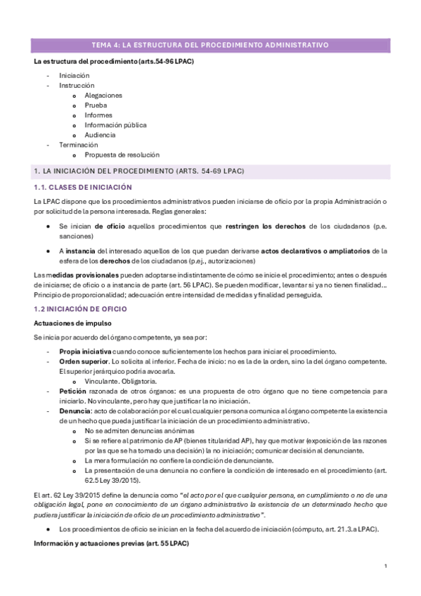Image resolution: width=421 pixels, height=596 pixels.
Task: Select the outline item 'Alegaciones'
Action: click(103, 95)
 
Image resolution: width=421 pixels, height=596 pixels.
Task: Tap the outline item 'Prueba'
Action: click(96, 105)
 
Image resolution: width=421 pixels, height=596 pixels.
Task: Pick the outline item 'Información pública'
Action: click(115, 124)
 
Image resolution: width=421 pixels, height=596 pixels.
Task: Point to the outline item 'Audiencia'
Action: click(100, 134)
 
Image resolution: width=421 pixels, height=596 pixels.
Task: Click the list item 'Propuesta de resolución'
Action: click(122, 155)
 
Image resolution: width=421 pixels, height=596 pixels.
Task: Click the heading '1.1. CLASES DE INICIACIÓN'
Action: click(83, 187)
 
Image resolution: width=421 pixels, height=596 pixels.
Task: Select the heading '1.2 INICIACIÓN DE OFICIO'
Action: click(80, 309)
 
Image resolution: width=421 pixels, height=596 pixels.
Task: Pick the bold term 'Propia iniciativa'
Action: click(85, 351)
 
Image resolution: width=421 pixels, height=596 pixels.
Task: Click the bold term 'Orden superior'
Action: click(82, 361)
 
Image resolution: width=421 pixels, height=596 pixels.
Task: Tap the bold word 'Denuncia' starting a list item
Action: click(75, 410)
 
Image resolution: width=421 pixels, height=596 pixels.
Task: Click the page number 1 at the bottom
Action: click(386, 566)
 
